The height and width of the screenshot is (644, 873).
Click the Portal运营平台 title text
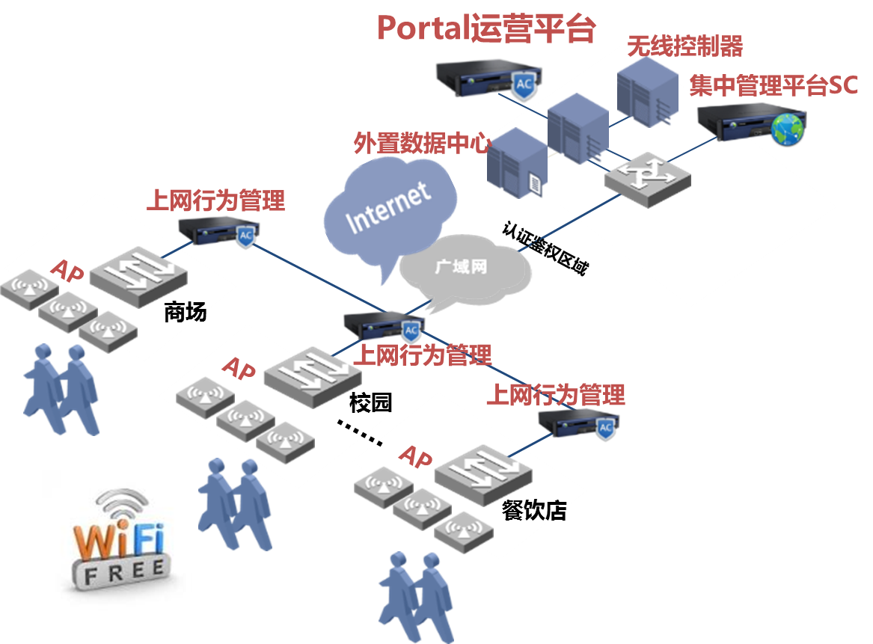486,28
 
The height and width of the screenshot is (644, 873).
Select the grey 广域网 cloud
462,267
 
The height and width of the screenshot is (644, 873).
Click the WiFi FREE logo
120,542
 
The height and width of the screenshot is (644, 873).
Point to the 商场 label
185,312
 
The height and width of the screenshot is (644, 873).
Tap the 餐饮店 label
534,511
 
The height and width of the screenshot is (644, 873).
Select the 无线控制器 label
684,46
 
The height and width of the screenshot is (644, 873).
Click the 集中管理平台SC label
774,85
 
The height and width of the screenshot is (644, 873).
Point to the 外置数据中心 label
422,143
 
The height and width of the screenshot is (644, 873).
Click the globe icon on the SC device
787,130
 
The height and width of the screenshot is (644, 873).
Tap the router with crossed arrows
648,177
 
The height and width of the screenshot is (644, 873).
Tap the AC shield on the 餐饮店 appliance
605,427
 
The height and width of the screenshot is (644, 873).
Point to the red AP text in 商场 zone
67,272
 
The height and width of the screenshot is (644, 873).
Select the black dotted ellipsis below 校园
359,432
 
